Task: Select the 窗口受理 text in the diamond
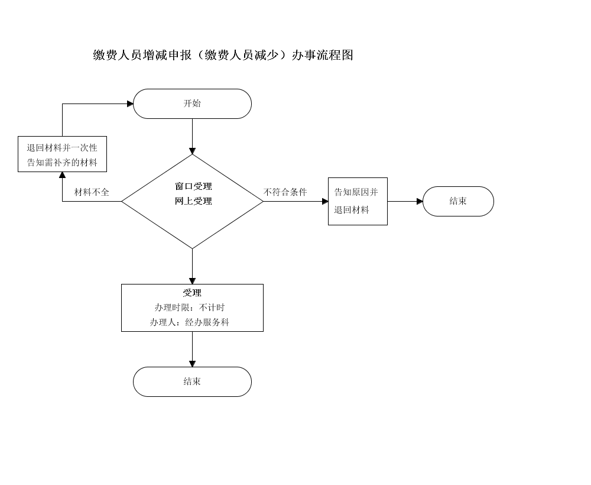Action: click(193, 186)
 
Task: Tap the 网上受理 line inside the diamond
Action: click(193, 201)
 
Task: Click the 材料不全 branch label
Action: click(92, 192)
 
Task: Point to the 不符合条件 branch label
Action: click(285, 192)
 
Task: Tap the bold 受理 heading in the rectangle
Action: click(192, 293)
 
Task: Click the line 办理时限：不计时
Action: click(190, 308)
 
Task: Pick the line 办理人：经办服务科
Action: click(190, 322)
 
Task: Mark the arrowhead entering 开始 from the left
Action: click(131, 104)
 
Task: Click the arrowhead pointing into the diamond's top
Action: click(192, 151)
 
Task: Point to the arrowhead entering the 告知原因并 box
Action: click(325, 201)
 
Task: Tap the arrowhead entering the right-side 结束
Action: click(420, 201)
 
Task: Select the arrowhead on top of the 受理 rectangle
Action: click(192, 282)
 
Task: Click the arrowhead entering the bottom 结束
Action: click(192, 364)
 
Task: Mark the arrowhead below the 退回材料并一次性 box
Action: click(62, 175)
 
